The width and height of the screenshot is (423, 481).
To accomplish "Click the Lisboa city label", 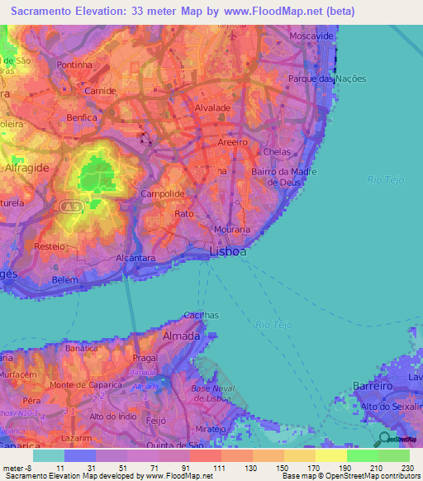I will pyautogui.click(x=228, y=252).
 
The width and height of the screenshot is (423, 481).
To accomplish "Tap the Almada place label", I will pyautogui.click(x=182, y=336).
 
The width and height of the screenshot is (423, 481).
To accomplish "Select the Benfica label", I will pyautogui.click(x=82, y=118).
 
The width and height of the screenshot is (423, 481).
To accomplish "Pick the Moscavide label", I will pyautogui.click(x=311, y=38).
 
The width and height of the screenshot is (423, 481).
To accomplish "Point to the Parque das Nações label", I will pyautogui.click(x=327, y=79).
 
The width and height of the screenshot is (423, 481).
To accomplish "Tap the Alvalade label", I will pyautogui.click(x=211, y=108).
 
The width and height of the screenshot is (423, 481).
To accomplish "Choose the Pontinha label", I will pyautogui.click(x=74, y=64).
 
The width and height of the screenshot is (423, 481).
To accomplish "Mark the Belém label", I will pyautogui.click(x=64, y=280).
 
